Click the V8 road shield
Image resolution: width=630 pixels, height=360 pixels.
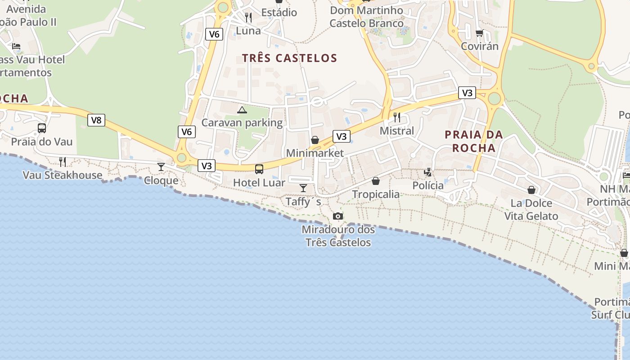tap(96, 120)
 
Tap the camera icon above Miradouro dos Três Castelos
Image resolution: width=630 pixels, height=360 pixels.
tap(338, 216)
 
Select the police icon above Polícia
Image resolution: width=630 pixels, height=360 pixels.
tap(427, 172)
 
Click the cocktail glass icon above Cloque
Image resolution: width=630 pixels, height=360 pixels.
tap(161, 167)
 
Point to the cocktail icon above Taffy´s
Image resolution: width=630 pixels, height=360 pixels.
tap(303, 188)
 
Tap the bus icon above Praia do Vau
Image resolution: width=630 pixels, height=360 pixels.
tap(42, 128)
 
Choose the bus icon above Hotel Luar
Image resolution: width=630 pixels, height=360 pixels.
tap(259, 169)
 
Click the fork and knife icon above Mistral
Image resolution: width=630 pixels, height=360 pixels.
tap(397, 117)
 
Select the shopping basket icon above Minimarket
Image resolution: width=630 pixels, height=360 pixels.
tap(315, 140)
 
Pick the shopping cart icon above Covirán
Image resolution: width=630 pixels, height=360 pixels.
tap(480, 33)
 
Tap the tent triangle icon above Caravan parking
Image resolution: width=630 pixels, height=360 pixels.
tap(242, 110)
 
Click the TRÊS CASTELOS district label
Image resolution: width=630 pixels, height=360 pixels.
tap(289, 58)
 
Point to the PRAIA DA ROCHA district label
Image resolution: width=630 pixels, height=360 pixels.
tap(474, 141)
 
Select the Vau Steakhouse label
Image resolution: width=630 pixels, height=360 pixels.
tap(63, 175)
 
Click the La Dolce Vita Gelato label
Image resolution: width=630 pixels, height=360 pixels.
tap(531, 210)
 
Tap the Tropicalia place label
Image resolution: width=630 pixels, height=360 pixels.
tap(376, 194)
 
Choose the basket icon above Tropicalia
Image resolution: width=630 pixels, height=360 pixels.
tap(376, 181)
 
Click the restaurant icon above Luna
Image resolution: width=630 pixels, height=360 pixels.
tap(248, 18)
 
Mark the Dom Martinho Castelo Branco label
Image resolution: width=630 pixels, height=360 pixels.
tap(367, 17)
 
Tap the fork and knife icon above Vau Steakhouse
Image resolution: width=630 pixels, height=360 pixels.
tap(63, 162)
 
